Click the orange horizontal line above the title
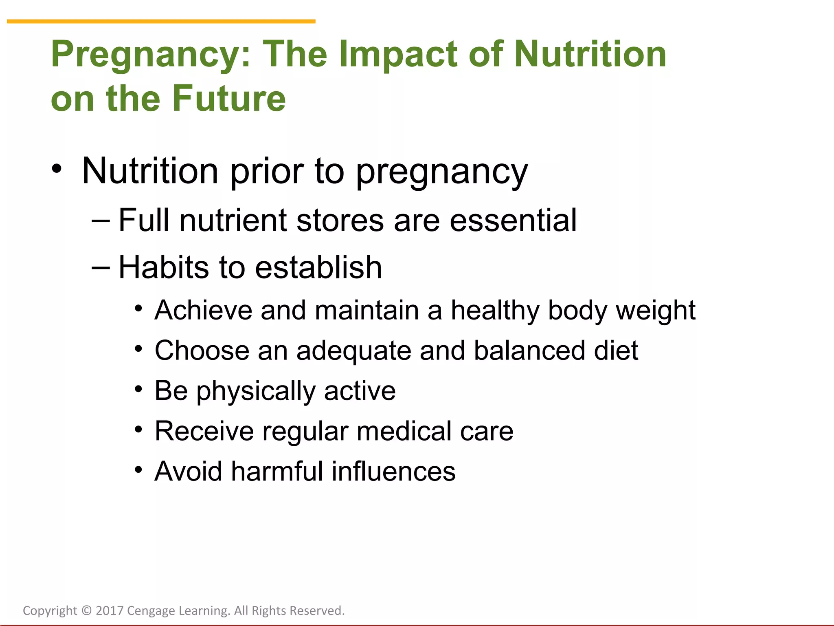(161, 21)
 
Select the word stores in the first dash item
(340, 220)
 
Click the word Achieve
(204, 310)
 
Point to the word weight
(656, 311)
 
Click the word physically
(256, 392)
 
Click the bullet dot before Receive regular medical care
(139, 429)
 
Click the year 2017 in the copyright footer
(110, 611)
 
